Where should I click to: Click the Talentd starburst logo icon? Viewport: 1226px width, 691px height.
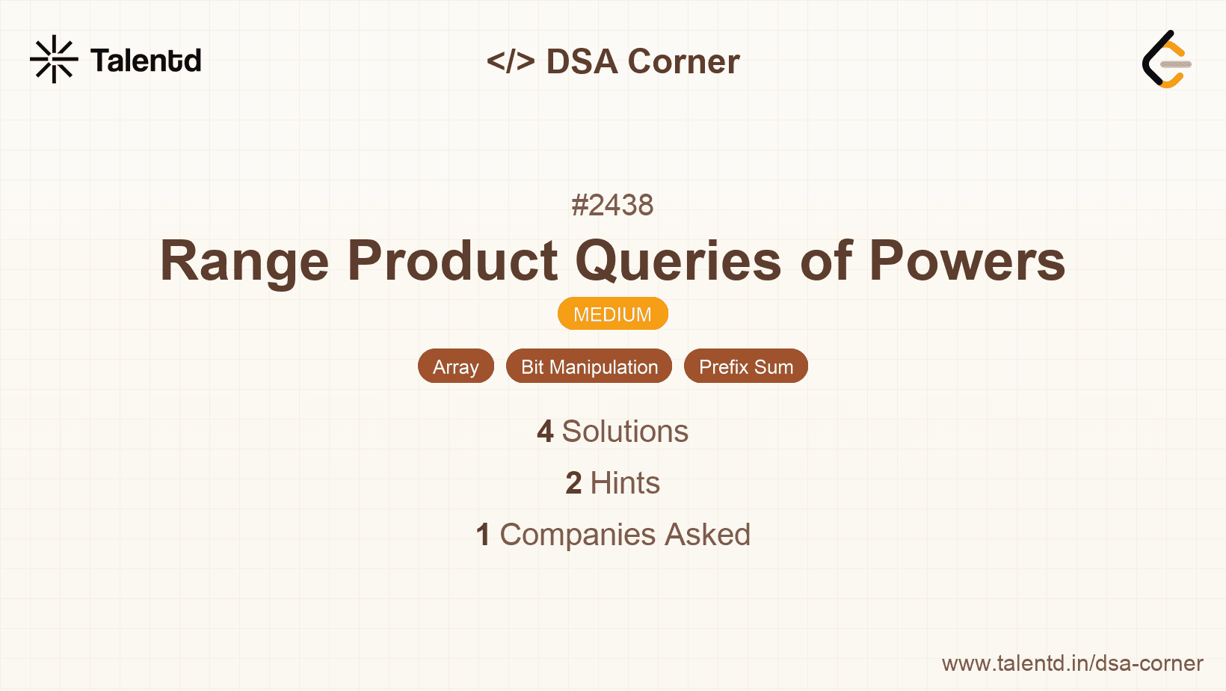(54, 59)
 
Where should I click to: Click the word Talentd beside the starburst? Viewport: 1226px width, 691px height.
(146, 61)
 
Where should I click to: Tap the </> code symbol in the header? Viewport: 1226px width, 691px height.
(511, 61)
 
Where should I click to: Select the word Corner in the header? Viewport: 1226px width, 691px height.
(683, 61)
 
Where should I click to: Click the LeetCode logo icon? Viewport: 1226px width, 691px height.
(1166, 59)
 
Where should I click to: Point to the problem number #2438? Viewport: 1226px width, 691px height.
(612, 205)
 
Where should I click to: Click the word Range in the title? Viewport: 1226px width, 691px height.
(244, 262)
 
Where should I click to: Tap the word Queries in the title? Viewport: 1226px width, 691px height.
(678, 261)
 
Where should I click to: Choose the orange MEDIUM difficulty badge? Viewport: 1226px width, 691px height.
(612, 314)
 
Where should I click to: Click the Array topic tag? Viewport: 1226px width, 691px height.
(456, 366)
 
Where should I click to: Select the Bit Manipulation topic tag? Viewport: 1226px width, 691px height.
(589, 366)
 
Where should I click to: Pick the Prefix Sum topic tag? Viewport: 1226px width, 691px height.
(746, 366)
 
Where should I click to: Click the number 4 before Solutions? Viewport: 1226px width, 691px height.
(545, 432)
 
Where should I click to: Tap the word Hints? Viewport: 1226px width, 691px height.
(625, 483)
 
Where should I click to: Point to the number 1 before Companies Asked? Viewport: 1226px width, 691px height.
(483, 535)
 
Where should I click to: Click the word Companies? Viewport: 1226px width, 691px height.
(577, 535)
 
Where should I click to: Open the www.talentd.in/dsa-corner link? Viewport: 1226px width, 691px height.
(1072, 663)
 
